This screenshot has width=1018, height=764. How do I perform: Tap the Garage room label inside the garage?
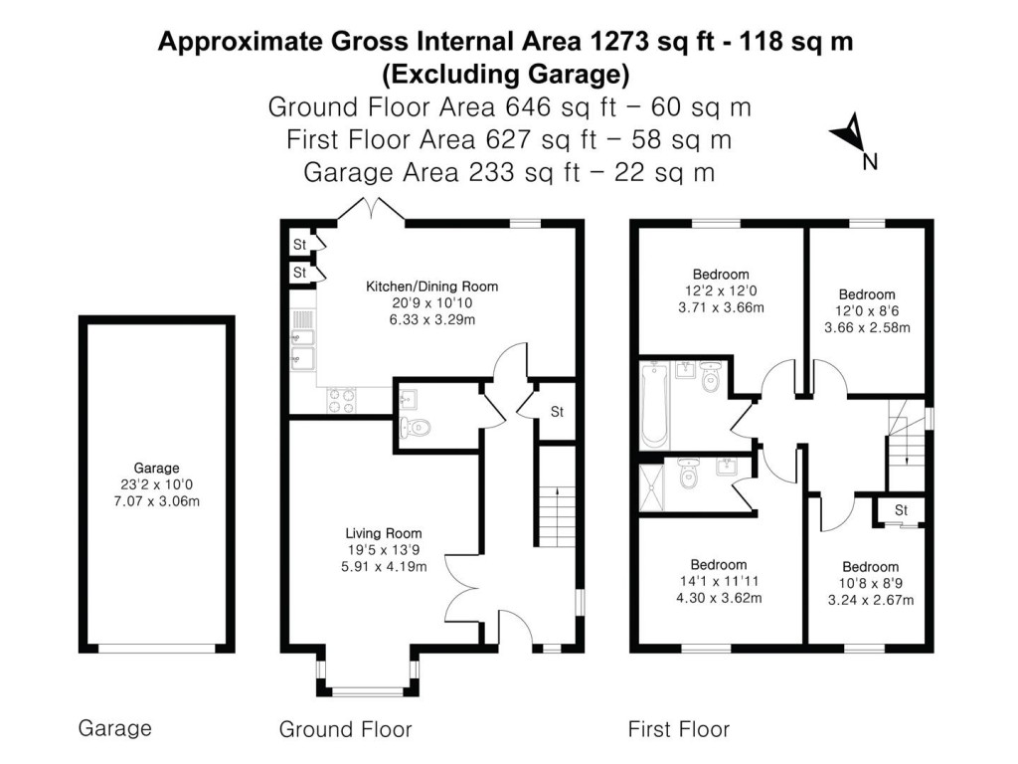pyautogui.click(x=157, y=468)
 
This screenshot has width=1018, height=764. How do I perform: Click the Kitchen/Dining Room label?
pyautogui.click(x=431, y=286)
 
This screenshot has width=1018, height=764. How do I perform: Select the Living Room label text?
pyautogui.click(x=384, y=532)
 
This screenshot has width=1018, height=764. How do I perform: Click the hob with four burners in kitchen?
pyautogui.click(x=341, y=400)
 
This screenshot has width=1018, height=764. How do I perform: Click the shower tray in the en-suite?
pyautogui.click(x=653, y=487)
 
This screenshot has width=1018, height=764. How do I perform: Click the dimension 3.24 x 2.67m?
pyautogui.click(x=870, y=600)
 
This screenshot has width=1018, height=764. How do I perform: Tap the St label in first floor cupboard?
pyautogui.click(x=901, y=510)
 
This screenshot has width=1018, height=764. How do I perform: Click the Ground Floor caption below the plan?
pyautogui.click(x=345, y=729)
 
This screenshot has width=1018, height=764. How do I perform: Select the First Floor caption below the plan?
pyautogui.click(x=678, y=729)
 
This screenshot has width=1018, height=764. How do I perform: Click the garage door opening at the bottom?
pyautogui.click(x=156, y=649)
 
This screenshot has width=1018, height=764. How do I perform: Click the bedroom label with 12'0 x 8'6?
pyautogui.click(x=867, y=294)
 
